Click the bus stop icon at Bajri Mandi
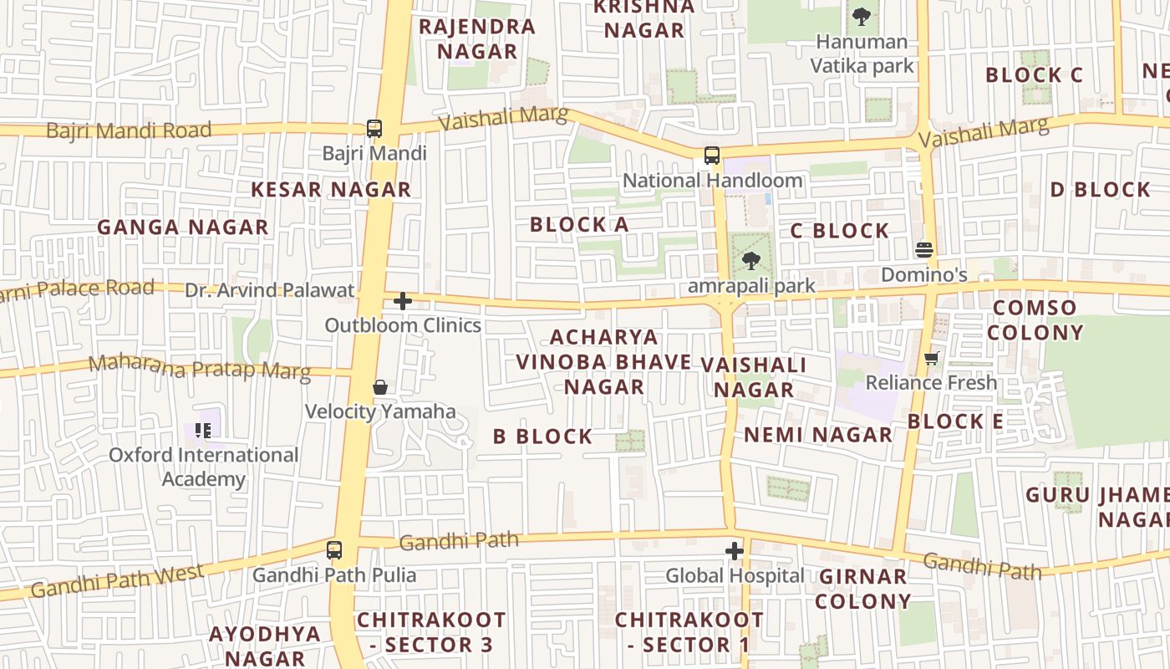(374, 129)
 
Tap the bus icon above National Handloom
(711, 156)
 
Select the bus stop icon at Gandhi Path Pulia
(334, 550)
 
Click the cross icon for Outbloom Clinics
(403, 301)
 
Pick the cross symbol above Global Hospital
(735, 551)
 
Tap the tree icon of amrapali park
(751, 261)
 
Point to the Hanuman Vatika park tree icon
(861, 16)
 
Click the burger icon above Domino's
(924, 249)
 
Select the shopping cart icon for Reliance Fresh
(932, 359)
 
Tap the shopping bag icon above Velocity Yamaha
(380, 387)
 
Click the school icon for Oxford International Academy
(203, 431)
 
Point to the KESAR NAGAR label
(331, 190)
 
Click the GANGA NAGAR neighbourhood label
(183, 227)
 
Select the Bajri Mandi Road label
(129, 130)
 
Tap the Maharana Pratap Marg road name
(199, 367)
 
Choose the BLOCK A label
(579, 224)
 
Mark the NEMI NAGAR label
(818, 435)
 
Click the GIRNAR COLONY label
(863, 589)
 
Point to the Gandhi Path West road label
(117, 581)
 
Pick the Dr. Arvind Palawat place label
(270, 290)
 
